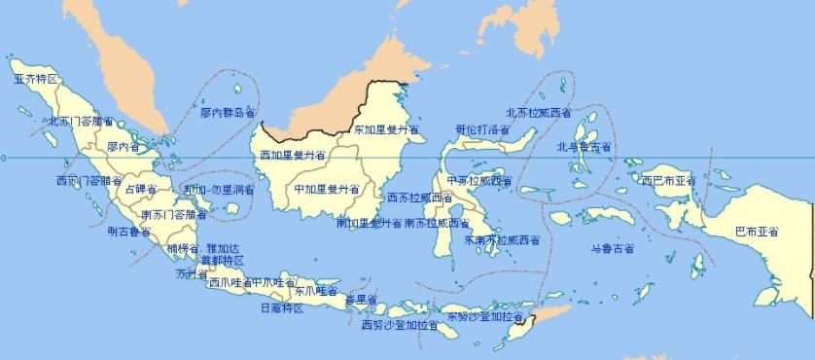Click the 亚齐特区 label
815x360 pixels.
click(36, 78)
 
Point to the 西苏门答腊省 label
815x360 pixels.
click(89, 181)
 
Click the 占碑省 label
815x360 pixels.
click(141, 189)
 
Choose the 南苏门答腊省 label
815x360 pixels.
click(174, 214)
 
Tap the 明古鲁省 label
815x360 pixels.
click(128, 232)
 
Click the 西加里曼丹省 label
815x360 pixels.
click(289, 155)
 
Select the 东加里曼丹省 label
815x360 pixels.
click(385, 128)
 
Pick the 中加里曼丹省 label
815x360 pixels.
click(327, 189)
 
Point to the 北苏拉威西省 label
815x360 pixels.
click(539, 113)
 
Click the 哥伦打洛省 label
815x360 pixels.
click(482, 129)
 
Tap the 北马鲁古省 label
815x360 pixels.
click(585, 147)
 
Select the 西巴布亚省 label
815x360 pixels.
click(669, 180)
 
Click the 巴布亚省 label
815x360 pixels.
click(757, 232)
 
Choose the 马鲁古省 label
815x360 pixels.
click(613, 249)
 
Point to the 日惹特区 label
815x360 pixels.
click(282, 307)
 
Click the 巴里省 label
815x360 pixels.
click(360, 299)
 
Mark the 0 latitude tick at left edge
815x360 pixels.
click(3, 158)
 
